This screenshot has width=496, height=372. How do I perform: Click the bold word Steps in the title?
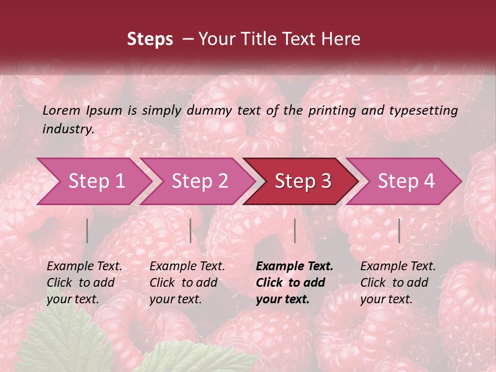pyautogui.click(x=150, y=39)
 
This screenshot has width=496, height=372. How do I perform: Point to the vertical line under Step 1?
pyautogui.click(x=87, y=230)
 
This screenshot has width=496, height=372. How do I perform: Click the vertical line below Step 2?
pyautogui.click(x=191, y=230)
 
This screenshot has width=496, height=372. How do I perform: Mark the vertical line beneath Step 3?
pyautogui.click(x=295, y=230)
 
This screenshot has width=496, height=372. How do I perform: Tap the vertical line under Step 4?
pyautogui.click(x=399, y=230)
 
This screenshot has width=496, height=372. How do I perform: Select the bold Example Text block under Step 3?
pyautogui.click(x=295, y=283)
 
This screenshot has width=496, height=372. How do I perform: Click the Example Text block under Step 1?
pyautogui.click(x=84, y=283)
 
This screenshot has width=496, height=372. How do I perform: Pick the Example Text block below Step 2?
pyautogui.click(x=187, y=283)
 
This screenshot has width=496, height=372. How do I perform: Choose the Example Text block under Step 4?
pyautogui.click(x=398, y=283)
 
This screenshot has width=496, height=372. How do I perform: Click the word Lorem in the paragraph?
pyautogui.click(x=61, y=110)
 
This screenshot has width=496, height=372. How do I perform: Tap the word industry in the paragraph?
pyautogui.click(x=68, y=129)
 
